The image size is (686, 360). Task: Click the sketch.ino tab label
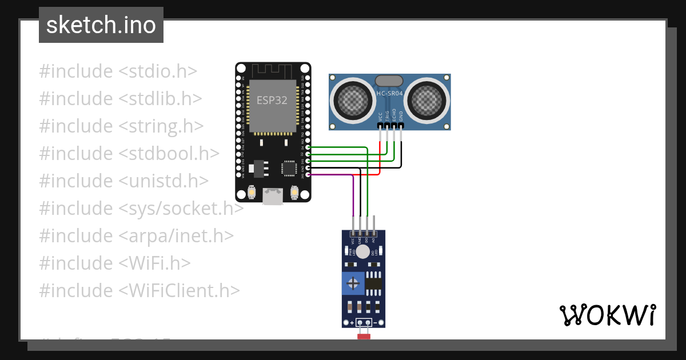101,25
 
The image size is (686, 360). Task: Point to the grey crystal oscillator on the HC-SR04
389,81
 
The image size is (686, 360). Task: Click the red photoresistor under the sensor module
364,337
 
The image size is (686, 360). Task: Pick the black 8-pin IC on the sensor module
373,282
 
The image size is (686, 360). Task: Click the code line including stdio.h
118,71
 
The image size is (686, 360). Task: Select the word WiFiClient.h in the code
180,290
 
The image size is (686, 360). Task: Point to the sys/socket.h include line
141,209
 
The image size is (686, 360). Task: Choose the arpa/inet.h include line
136,236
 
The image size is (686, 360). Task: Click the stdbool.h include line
129,154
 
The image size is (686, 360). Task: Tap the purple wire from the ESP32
332,175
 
